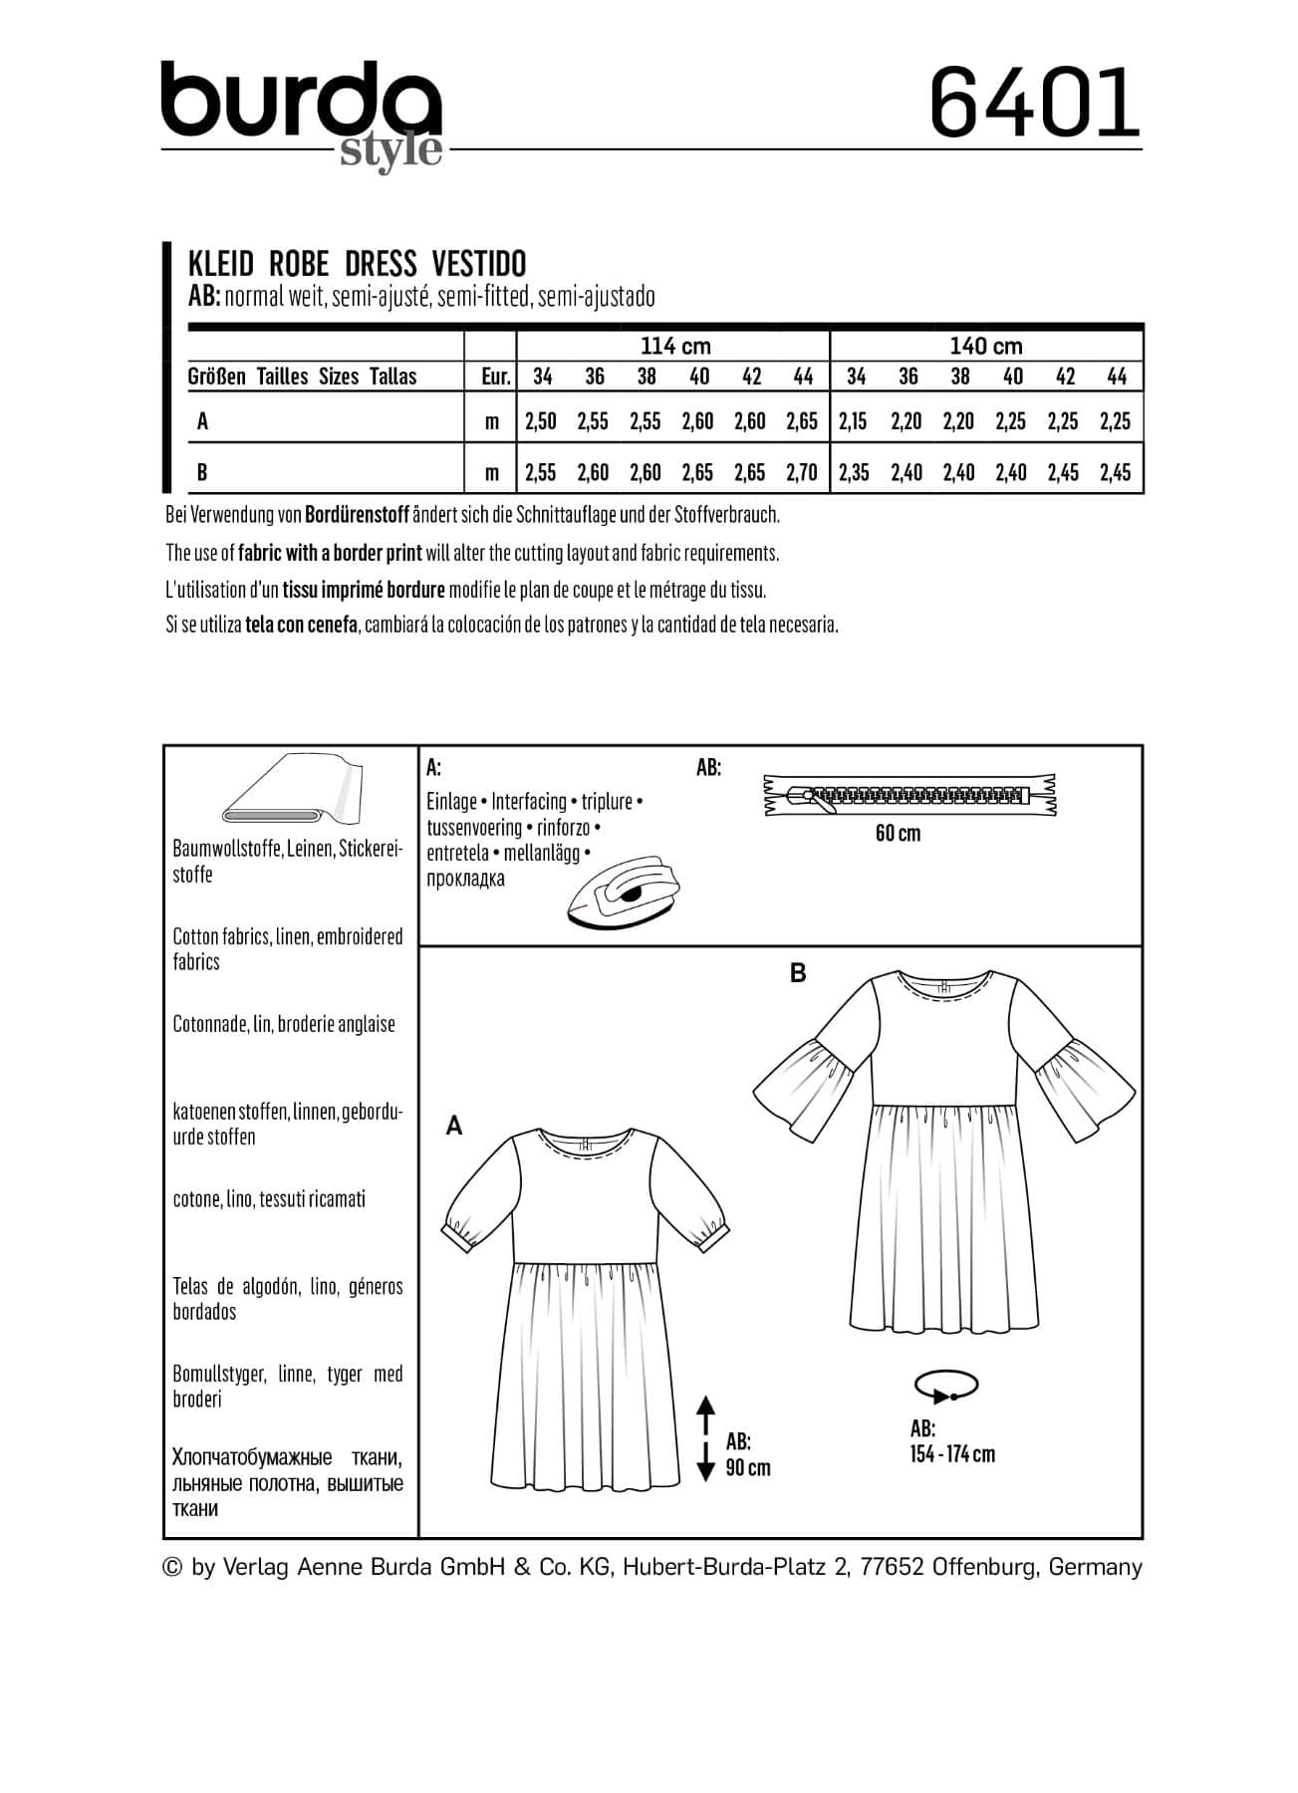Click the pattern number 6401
(1034, 103)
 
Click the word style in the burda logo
(390, 150)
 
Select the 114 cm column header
(674, 346)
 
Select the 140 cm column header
(986, 346)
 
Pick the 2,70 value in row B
(802, 472)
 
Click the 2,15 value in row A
(854, 421)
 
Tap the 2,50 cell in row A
(541, 421)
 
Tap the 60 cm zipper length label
(898, 833)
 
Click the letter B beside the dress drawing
(798, 973)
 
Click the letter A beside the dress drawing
(454, 1126)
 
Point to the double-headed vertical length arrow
(705, 1437)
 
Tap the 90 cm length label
(748, 1468)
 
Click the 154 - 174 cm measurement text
(952, 1454)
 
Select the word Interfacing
(529, 802)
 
